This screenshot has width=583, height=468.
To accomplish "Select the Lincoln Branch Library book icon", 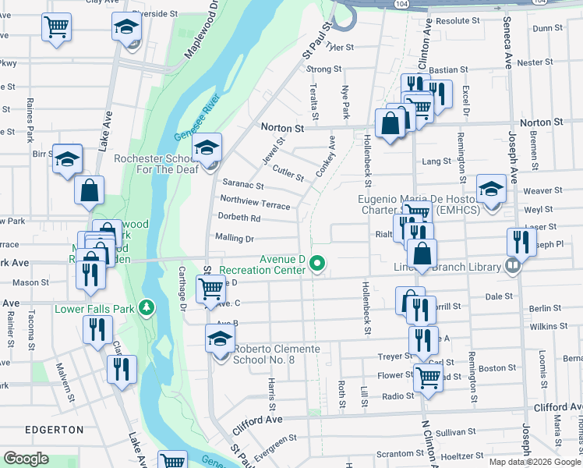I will pos(512,267).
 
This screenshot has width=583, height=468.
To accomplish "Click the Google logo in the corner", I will pos(26,459).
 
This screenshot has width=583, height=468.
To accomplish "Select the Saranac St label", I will pos(243,186).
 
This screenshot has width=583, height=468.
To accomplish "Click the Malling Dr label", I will pos(234,238).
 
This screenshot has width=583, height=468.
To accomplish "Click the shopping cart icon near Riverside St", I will pos(56,27).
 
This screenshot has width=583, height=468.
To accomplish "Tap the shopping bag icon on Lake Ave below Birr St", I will pos(90,190).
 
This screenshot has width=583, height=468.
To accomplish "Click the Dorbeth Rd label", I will pos(238,218).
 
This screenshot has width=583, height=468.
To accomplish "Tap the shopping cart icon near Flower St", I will pos(429,378).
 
